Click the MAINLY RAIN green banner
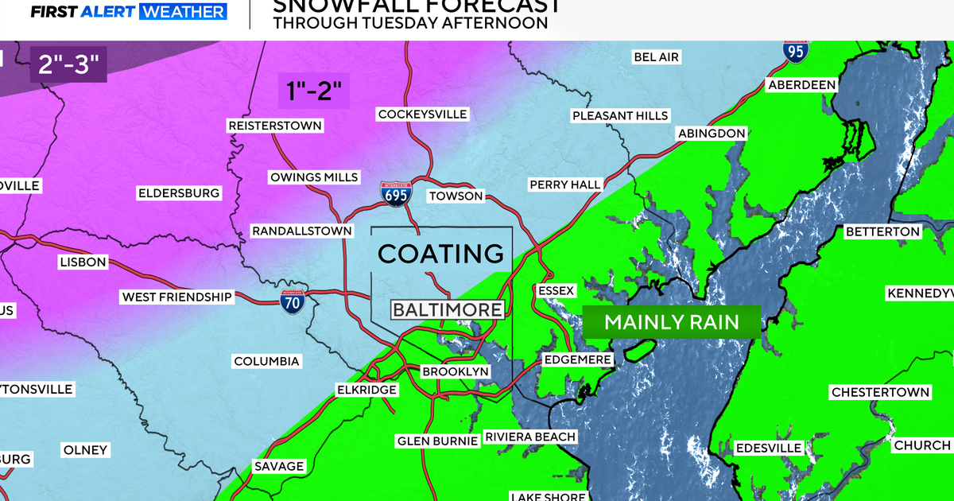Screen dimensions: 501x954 [672, 322]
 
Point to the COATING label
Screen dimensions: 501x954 [441, 254]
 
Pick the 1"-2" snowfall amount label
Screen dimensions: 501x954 [314, 91]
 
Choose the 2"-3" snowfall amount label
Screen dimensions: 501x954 [68, 64]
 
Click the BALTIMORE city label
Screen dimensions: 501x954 [448, 309]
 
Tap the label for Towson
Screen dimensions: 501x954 [456, 196]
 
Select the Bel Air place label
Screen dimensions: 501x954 [657, 56]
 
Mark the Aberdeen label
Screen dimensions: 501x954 [801, 85]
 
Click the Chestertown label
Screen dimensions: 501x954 [880, 392]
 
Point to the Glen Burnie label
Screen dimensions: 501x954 [437, 441]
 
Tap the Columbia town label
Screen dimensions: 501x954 [266, 361]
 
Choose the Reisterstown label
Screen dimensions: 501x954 [274, 126]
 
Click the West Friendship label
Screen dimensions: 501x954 [176, 297]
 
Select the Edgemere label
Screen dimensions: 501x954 [577, 359]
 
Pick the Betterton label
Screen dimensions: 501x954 [882, 231]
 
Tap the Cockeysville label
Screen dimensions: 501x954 [422, 114]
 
